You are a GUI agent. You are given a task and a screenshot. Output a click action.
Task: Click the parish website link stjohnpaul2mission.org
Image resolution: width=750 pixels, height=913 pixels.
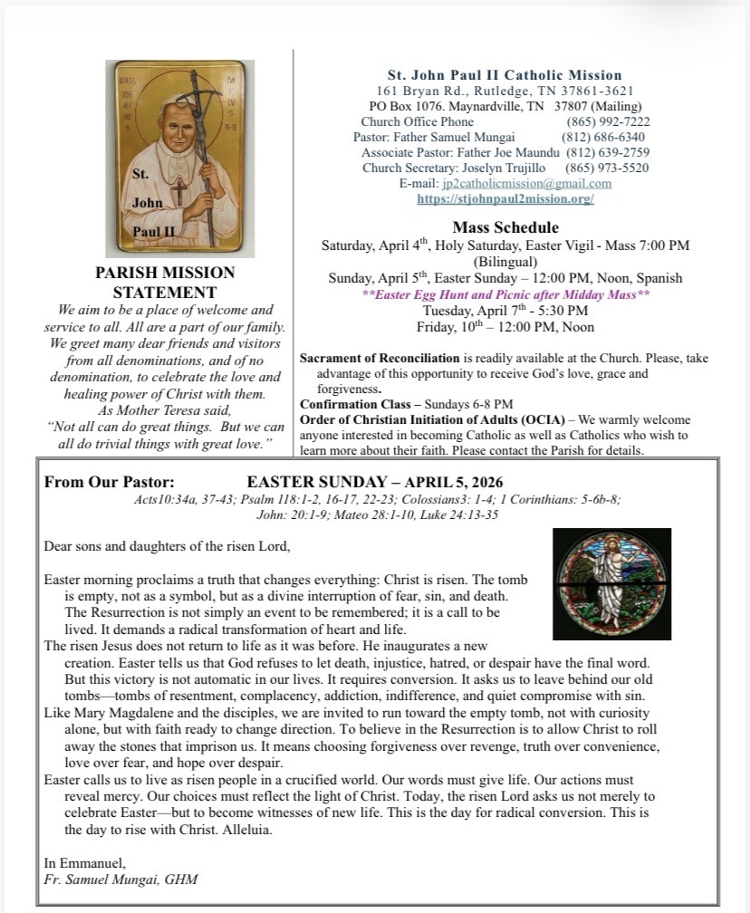click(x=505, y=199)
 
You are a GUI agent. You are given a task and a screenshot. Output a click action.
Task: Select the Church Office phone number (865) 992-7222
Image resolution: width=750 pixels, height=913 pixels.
click(x=608, y=122)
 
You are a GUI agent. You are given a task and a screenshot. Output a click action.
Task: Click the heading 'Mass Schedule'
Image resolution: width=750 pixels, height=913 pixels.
click(x=505, y=227)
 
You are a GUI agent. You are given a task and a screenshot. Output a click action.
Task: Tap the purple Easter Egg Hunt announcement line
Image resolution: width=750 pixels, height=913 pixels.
click(x=505, y=295)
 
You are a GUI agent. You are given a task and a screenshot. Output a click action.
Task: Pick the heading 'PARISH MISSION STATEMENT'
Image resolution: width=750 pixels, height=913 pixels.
click(x=165, y=283)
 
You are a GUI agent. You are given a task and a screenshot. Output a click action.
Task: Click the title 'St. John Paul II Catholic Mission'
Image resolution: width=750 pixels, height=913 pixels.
click(x=505, y=75)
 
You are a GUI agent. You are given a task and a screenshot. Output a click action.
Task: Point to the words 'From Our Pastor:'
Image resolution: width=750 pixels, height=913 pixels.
click(x=110, y=483)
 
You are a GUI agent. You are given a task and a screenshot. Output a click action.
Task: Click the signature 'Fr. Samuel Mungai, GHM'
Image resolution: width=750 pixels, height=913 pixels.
click(x=120, y=879)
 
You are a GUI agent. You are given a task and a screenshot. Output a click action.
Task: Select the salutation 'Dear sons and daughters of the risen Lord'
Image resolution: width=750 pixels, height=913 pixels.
click(x=167, y=546)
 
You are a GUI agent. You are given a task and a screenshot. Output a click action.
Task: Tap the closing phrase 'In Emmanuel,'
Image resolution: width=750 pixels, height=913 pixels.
click(x=84, y=863)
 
